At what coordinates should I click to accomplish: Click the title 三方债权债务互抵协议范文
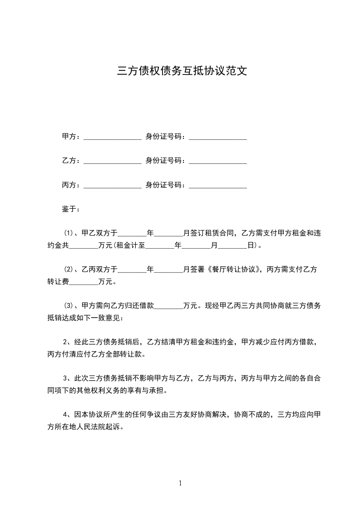coord(182,71)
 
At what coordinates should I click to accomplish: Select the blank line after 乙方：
coord(113,161)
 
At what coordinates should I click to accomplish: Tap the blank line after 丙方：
coord(113,185)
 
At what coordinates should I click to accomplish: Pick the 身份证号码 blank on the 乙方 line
coord(217,161)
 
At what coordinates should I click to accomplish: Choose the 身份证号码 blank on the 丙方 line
coord(217,185)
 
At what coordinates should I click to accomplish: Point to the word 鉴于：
coord(71,209)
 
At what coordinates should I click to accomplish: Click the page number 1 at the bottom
coord(180,483)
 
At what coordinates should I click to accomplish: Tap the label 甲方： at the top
coord(71,136)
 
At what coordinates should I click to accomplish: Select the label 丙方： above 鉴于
coord(71,185)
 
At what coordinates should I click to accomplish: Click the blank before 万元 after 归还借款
coord(168,306)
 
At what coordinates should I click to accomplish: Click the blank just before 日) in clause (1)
coord(233,246)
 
